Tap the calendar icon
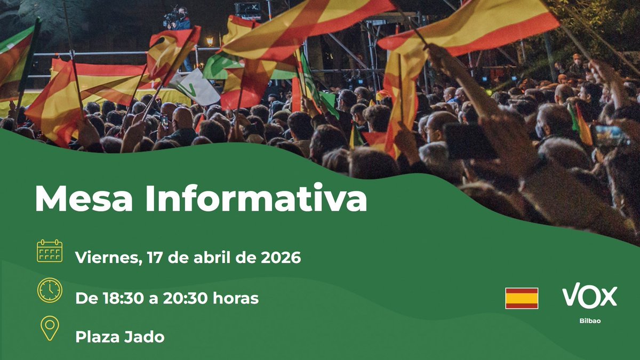pos(50,251)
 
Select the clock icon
pos(50,291)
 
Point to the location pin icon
pos(50,328)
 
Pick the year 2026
pos(281,258)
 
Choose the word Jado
pos(145,337)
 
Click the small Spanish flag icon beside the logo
pos(522,298)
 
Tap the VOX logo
pos(589,296)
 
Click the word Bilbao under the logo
pos(589,321)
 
